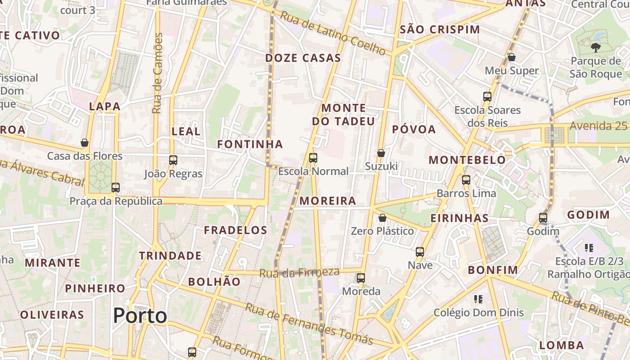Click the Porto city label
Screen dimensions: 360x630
coord(140,315)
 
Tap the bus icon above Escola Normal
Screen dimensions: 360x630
coord(313,158)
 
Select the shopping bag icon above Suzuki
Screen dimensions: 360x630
coord(381,153)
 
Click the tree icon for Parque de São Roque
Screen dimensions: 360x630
coord(595,47)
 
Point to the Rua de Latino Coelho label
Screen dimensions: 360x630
coord(333,34)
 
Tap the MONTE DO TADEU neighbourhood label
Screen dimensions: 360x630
coord(343,115)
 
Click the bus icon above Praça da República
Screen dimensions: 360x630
coord(116,188)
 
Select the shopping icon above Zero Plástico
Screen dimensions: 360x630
coord(382,218)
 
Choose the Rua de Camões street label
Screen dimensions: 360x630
coord(157,73)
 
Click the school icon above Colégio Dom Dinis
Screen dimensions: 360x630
coord(478,299)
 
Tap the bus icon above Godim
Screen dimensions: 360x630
coord(543,218)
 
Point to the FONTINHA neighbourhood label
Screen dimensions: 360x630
coord(250,144)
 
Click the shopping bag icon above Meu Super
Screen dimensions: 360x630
coord(511,57)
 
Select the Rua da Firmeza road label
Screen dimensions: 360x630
coord(299,272)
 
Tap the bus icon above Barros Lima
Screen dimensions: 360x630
coord(466,180)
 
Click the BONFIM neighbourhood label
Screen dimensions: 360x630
coord(493,270)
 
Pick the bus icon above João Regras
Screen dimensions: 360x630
coord(173,160)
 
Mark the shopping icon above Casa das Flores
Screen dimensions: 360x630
coord(85,143)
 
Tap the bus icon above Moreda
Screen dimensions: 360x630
coord(361,278)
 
